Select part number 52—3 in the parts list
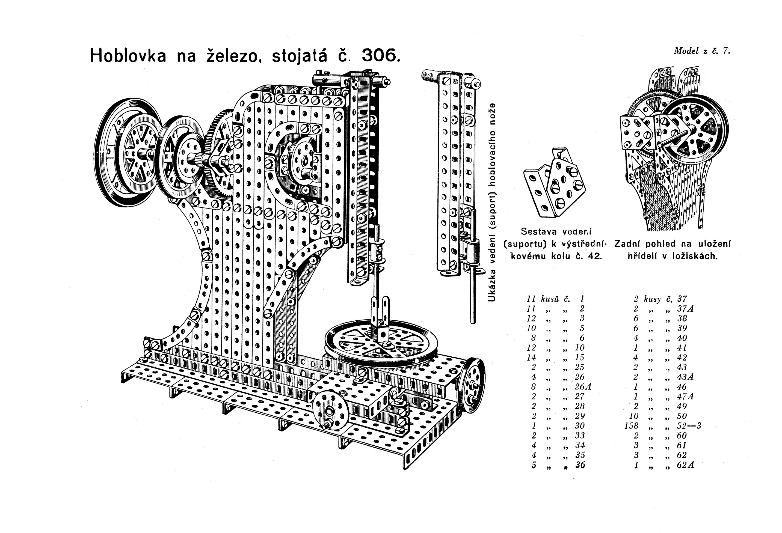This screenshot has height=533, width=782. pyautogui.click(x=689, y=426)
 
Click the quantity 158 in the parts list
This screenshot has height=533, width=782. pyautogui.click(x=631, y=426)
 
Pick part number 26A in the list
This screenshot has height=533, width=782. pyautogui.click(x=583, y=387)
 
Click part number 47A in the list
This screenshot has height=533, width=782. pyautogui.click(x=685, y=397)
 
